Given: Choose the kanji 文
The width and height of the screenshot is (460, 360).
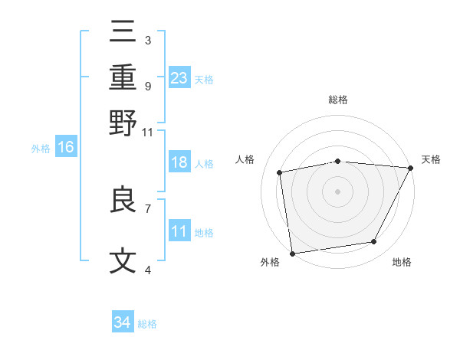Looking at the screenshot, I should (123, 261).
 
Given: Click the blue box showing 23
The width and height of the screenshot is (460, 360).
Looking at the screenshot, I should (179, 77).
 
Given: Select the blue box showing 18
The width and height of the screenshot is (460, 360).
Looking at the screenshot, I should (179, 162).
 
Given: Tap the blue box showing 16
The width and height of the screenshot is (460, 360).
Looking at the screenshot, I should (66, 147).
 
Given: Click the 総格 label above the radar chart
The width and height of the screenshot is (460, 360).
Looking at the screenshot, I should (338, 100).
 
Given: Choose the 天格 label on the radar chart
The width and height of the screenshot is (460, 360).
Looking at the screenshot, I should (431, 159).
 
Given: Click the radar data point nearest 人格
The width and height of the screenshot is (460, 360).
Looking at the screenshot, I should (280, 172).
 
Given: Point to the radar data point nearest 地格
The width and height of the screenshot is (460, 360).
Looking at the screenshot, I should (374, 242).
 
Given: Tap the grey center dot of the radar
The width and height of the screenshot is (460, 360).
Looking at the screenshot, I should (338, 191).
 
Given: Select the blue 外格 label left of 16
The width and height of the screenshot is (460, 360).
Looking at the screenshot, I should (40, 149).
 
